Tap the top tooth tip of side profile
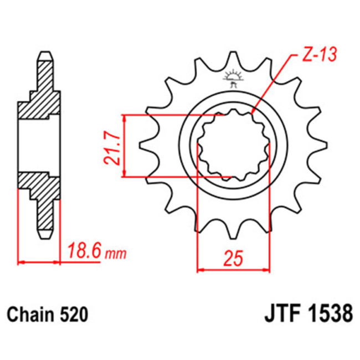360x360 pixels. tap(46, 55)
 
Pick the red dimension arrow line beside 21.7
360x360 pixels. tap(126, 146)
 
